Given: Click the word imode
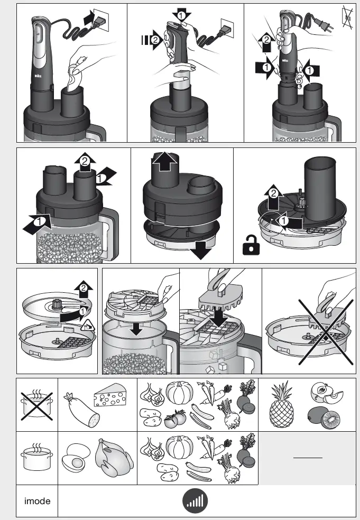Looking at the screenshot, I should pyautogui.click(x=37, y=500).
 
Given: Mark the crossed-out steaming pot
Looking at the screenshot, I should pyautogui.click(x=36, y=404).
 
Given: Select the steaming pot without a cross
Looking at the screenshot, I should pyautogui.click(x=36, y=457).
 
